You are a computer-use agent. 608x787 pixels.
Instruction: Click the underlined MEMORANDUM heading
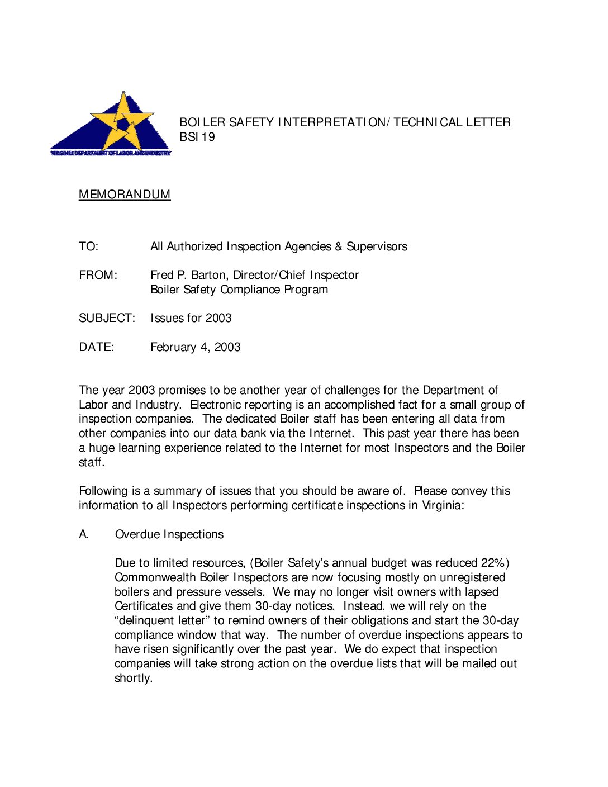125,195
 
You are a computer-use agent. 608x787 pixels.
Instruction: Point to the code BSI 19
197,137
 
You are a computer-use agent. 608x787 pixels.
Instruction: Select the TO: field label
88,246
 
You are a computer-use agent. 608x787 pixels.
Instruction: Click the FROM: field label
98,275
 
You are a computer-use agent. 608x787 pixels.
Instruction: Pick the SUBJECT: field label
107,318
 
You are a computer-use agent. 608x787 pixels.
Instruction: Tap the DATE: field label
96,347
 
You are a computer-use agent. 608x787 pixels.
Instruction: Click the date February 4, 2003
196,347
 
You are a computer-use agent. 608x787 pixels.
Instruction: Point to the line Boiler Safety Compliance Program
239,290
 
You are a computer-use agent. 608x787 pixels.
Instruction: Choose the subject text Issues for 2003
191,318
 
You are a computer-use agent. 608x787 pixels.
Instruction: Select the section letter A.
84,534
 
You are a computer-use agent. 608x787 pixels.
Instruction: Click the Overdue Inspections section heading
169,534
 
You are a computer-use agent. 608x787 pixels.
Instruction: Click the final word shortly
133,678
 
